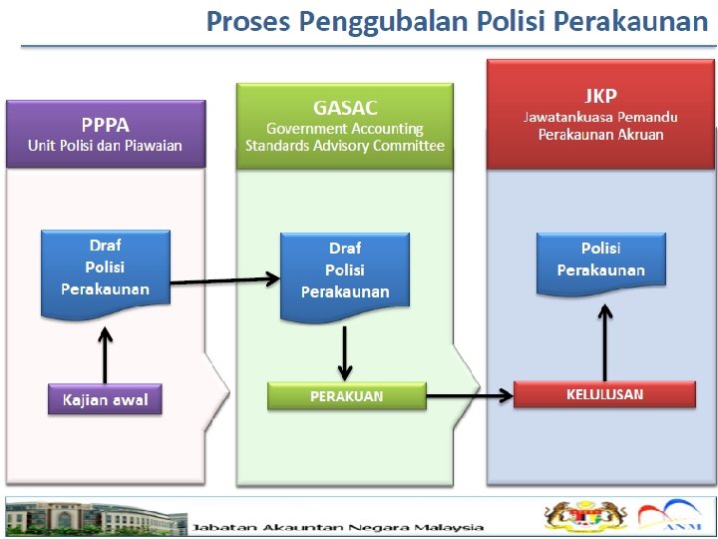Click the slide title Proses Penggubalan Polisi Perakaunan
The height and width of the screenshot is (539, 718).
pyautogui.click(x=456, y=22)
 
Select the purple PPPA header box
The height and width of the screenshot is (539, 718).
pyautogui.click(x=106, y=133)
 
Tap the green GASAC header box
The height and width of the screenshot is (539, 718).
pyautogui.click(x=345, y=126)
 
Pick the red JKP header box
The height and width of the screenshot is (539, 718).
pyautogui.click(x=600, y=114)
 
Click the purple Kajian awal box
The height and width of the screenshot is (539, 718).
pyautogui.click(x=106, y=399)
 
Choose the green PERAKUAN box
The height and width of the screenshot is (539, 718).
pyautogui.click(x=346, y=395)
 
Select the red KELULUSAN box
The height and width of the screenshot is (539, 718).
pyautogui.click(x=604, y=393)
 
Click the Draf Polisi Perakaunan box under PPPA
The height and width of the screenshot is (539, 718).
pyautogui.click(x=106, y=268)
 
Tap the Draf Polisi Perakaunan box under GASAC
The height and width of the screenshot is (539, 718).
pyautogui.click(x=345, y=271)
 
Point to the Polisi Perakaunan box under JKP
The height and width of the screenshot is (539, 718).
pyautogui.click(x=600, y=262)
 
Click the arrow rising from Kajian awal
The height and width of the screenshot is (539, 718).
pyautogui.click(x=106, y=350)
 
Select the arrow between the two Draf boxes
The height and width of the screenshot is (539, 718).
pyautogui.click(x=225, y=280)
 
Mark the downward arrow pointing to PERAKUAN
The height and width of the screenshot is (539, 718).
pyautogui.click(x=344, y=352)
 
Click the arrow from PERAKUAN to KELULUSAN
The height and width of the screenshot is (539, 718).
pyautogui.click(x=470, y=396)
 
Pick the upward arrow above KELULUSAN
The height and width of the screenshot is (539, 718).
pyautogui.click(x=604, y=340)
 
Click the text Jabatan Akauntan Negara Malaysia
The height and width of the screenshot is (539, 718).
pyautogui.click(x=339, y=527)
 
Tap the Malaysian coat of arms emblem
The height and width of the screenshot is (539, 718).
pyautogui.click(x=576, y=516)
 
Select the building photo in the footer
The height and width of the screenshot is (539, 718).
pyautogui.click(x=96, y=517)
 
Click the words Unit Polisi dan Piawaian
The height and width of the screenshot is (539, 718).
pyautogui.click(x=106, y=146)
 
